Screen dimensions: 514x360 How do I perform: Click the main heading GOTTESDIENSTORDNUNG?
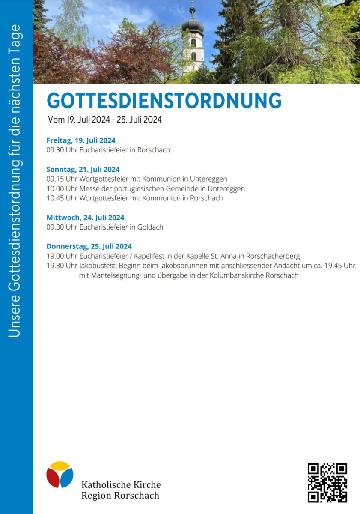[164, 101]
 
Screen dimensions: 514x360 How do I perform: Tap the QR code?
[327, 482]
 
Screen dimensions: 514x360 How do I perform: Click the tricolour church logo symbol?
[60, 475]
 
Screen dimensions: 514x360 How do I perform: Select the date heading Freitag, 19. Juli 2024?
[81, 140]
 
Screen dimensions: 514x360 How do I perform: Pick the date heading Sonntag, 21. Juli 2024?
[83, 169]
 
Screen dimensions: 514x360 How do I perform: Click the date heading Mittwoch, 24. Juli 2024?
[85, 218]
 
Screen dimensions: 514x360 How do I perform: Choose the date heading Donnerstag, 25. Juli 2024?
[89, 246]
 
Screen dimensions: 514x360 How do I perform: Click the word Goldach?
[150, 227]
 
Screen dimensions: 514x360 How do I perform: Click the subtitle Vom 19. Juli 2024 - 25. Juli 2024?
[105, 120]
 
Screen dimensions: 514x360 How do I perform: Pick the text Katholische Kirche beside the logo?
[121, 485]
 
